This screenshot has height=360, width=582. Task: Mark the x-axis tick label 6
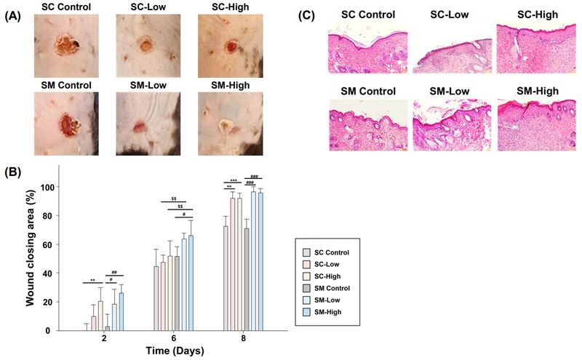coord(175,340)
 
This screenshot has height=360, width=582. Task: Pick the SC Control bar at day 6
coord(156,298)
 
